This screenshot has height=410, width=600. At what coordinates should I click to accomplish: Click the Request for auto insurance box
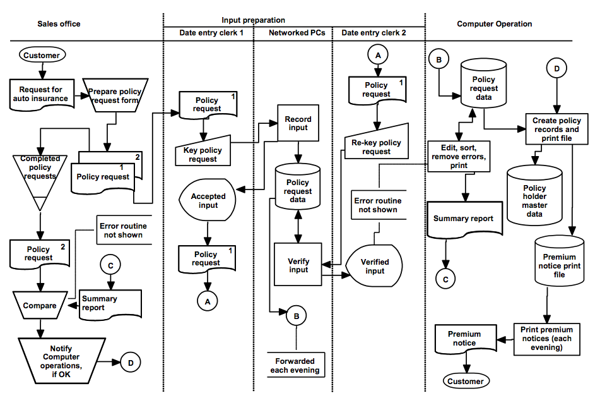40,94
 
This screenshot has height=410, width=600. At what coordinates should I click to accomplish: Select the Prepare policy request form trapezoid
115,95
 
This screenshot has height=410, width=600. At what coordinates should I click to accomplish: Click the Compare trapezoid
40,306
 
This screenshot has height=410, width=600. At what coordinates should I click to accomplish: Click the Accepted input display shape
208,200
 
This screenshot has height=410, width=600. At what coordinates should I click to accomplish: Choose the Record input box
298,123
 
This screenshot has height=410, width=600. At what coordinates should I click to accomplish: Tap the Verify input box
298,265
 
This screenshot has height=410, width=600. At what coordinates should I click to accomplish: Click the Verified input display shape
375,266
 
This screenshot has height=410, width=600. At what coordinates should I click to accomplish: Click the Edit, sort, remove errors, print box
459,155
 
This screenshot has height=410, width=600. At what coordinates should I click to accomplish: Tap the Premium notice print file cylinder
559,262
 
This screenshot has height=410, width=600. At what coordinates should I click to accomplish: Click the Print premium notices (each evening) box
547,338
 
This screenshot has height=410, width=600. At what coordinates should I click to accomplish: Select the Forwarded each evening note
295,366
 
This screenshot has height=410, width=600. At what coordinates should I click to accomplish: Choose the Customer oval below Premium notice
465,381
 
